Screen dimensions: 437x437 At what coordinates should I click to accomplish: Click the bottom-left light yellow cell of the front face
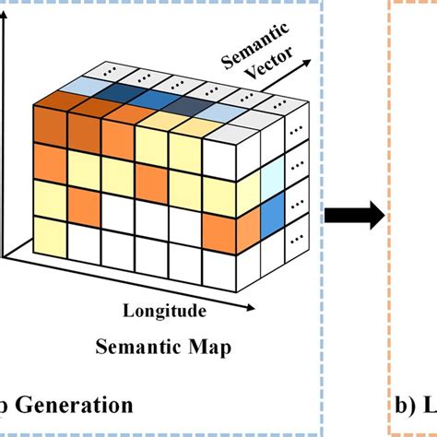click(52, 231)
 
